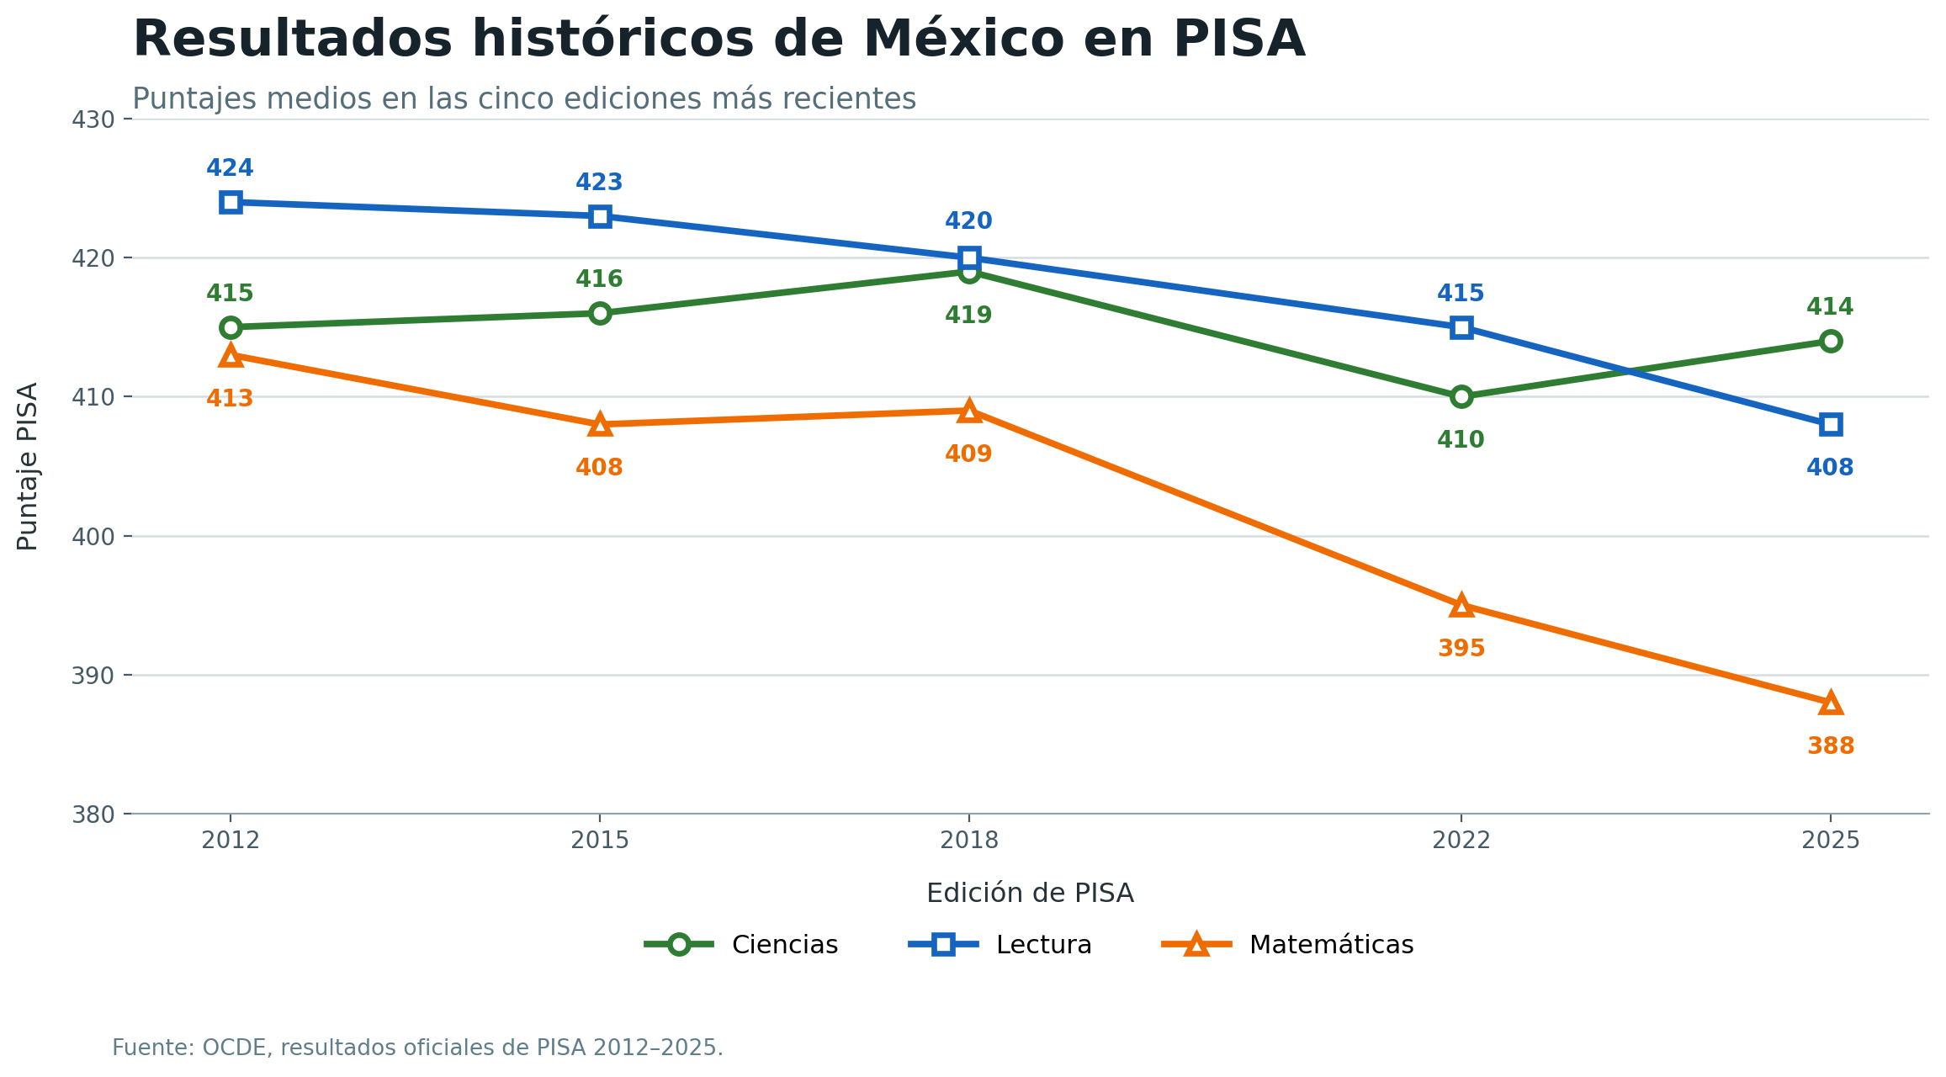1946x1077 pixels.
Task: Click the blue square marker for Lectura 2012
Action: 231,202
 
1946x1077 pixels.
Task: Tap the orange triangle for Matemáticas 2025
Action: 1831,703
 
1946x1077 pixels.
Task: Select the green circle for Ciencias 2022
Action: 1461,396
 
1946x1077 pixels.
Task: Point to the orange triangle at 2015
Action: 600,424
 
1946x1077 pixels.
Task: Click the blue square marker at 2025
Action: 1831,424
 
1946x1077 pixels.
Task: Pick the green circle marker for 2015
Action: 600,313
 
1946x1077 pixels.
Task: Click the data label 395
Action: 1461,649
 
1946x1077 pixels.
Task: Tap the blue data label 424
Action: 230,168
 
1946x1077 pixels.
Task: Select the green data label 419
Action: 968,316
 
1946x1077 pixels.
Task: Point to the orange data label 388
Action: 1831,746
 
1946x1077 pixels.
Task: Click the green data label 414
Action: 1830,307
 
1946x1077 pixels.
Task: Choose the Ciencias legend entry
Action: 741,945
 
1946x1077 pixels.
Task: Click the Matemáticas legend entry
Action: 1287,945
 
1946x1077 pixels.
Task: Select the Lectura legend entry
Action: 1000,945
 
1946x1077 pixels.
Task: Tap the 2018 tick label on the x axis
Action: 969,841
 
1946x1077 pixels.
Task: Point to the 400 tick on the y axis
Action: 93,536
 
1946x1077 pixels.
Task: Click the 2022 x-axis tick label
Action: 1461,841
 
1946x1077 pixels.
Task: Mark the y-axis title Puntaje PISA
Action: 28,466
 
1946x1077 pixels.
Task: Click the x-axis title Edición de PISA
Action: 1030,894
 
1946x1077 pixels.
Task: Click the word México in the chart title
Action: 960,40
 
